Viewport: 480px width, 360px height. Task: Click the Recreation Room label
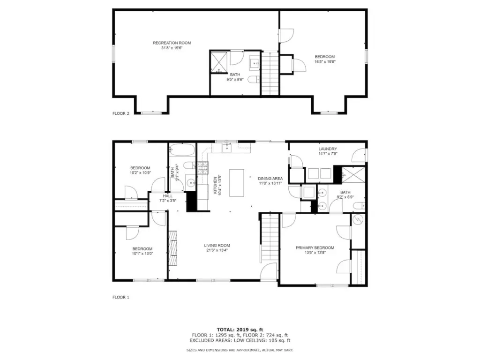coord(172,43)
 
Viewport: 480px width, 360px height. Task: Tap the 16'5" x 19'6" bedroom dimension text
coord(325,61)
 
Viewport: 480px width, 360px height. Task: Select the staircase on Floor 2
coord(270,74)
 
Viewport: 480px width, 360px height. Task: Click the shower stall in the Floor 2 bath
coord(219,62)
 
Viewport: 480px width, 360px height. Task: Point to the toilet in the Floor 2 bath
coord(254,80)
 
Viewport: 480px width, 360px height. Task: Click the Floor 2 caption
coord(121,113)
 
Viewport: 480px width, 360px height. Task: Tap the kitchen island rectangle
coord(237,183)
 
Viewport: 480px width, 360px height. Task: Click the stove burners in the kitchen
coord(202,168)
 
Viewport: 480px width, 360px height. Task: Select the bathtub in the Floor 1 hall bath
coord(182,150)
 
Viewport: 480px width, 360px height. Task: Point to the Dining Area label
coord(270,179)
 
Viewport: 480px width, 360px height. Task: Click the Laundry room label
coord(328,149)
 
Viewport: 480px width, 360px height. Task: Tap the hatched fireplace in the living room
coord(173,248)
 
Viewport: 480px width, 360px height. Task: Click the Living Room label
coord(217,245)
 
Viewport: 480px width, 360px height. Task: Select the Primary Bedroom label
coord(315,247)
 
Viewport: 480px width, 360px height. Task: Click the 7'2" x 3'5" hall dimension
coord(168,201)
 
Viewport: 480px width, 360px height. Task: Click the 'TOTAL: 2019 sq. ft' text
coord(240,330)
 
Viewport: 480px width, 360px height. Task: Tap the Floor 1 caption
coord(121,297)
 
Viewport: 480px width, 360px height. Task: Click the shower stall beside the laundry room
coord(353,175)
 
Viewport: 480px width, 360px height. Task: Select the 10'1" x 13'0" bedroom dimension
coord(142,254)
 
